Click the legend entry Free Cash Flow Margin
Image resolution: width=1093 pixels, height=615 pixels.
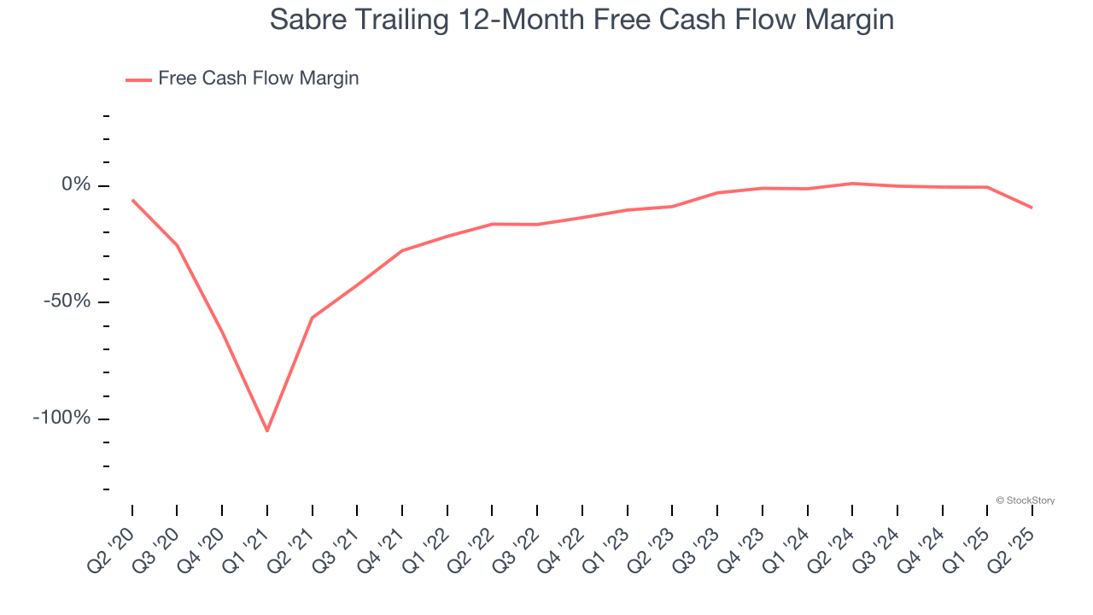258,79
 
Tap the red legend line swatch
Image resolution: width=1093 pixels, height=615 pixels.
138,79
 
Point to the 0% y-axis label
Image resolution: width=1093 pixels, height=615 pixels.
75,184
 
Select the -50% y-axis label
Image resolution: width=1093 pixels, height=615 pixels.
66,301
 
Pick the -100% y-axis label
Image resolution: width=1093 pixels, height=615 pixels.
61,418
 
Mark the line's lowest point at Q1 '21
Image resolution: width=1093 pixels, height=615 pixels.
267,430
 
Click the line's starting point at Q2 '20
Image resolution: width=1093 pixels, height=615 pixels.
132,200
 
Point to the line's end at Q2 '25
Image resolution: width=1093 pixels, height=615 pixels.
1032,208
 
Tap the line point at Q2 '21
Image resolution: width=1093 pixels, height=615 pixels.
313,318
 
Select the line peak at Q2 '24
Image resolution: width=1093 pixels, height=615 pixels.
852,183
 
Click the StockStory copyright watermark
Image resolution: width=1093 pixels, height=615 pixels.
1025,501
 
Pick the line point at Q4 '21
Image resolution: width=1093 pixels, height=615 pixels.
402,250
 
